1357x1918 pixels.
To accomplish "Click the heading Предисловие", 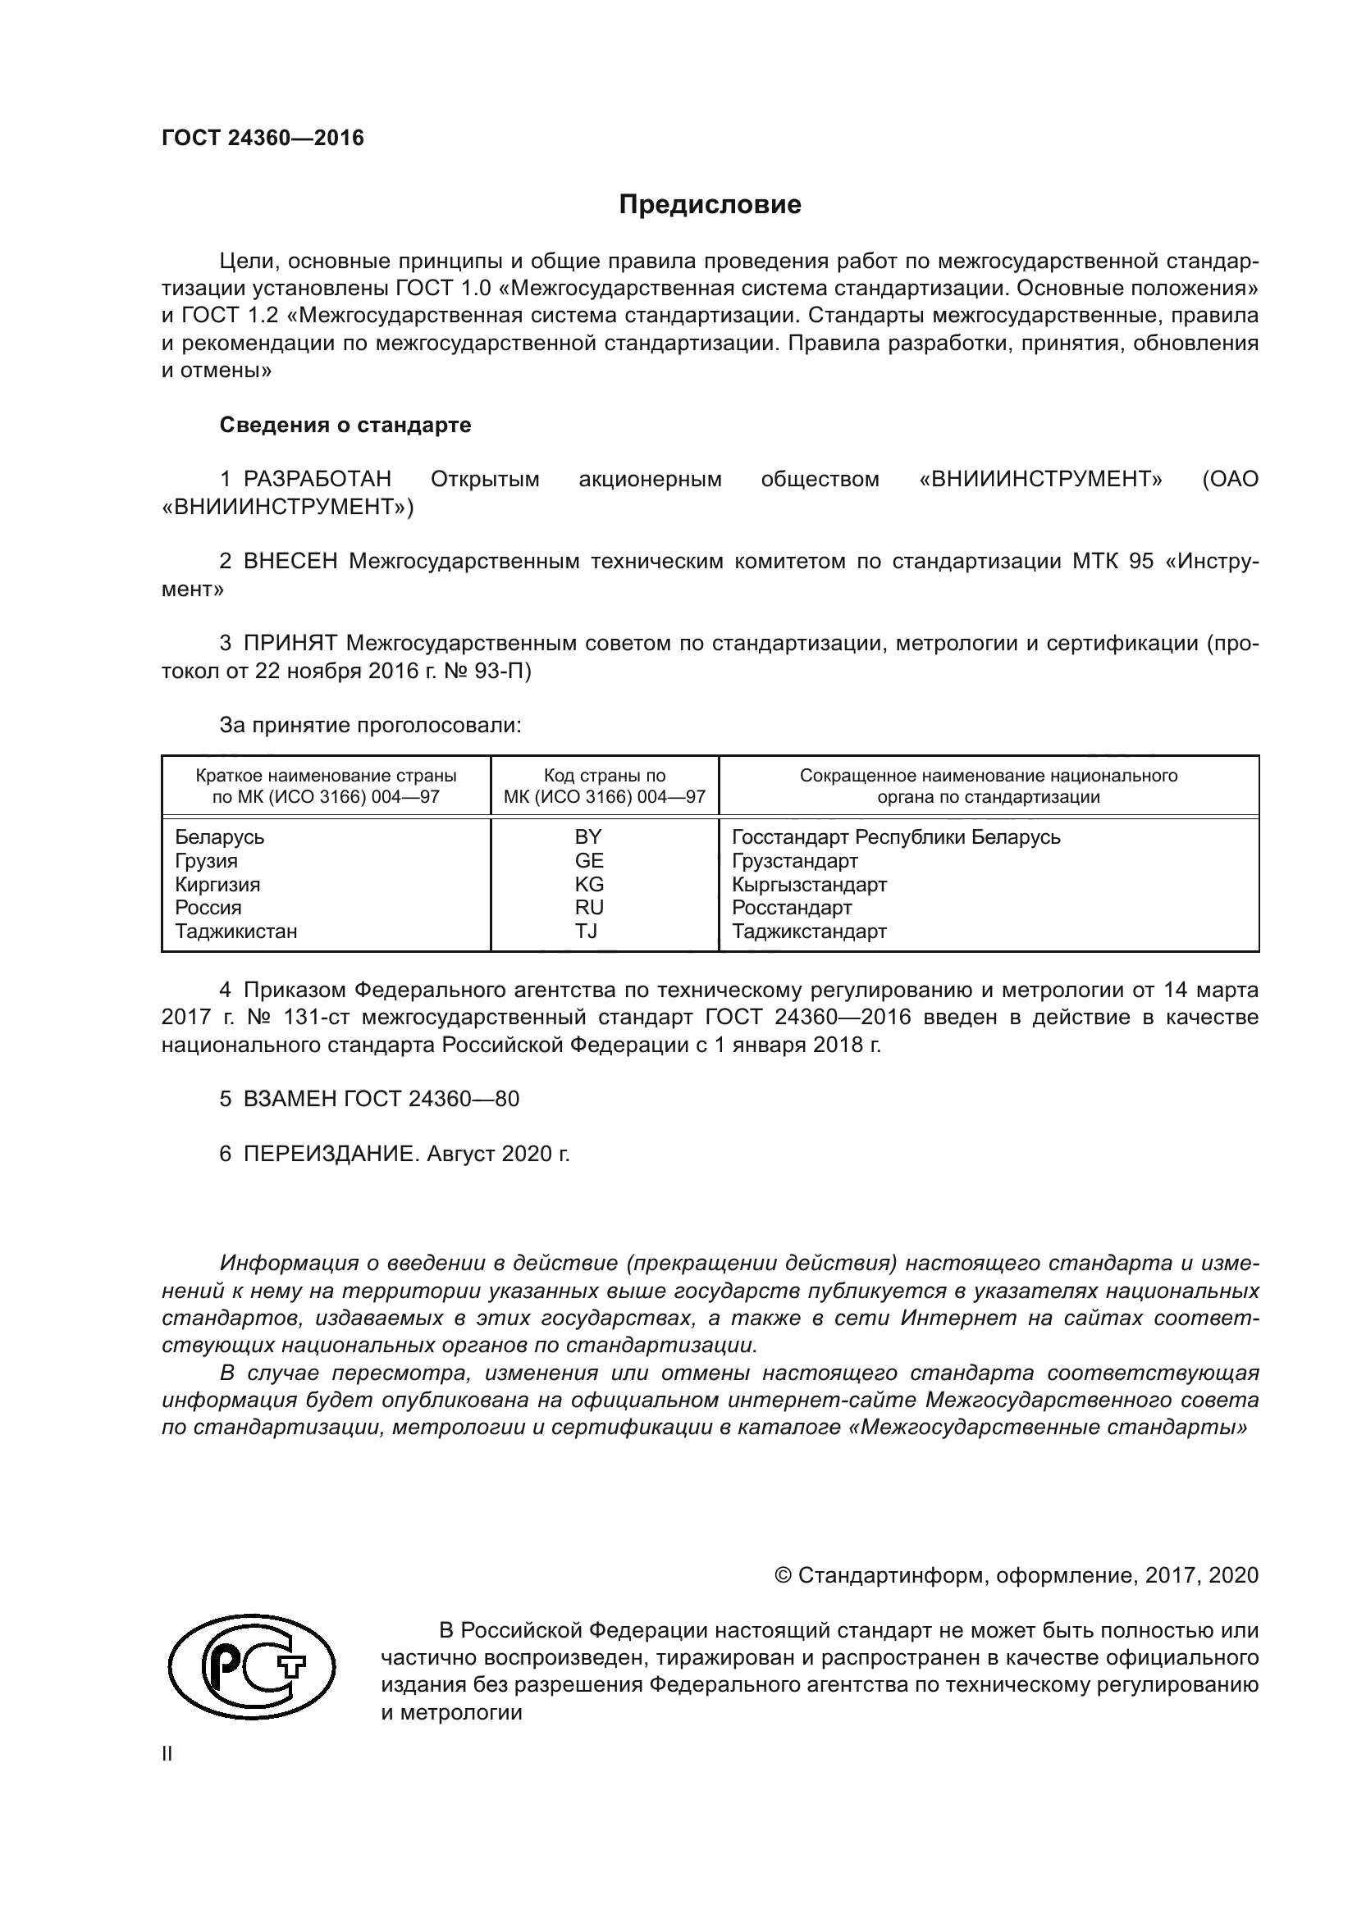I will pos(710,205).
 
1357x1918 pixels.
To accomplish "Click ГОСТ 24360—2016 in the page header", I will pos(263,139).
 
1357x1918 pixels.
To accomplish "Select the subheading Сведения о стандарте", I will pos(345,426).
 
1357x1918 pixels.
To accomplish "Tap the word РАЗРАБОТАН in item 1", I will pos(317,480).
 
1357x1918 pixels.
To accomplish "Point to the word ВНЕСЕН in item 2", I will pos(290,562).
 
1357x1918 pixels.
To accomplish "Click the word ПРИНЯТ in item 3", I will pos(290,643).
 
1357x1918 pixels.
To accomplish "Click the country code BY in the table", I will pos(588,837).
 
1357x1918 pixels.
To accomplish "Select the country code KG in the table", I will pos(589,884).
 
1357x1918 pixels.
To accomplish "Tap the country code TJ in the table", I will pos(587,931).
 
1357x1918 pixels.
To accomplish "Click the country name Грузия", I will pos(207,860).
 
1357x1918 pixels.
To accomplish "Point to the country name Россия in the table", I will pos(208,907).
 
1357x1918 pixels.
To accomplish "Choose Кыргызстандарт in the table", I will pos(809,884).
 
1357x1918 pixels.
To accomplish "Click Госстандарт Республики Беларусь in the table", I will pos(896,837).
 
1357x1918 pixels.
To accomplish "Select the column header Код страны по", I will pos(605,775).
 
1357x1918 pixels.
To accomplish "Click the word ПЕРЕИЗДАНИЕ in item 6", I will pos(329,1155).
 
